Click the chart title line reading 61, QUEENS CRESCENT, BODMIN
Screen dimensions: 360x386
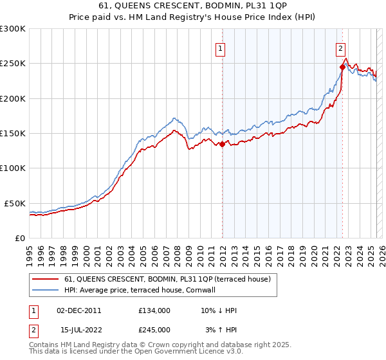(x=193, y=7)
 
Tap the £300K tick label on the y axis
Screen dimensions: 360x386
(x=13, y=29)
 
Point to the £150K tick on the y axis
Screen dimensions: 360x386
(x=13, y=134)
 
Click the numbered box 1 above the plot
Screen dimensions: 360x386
(x=221, y=48)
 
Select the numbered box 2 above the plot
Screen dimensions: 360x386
(x=340, y=48)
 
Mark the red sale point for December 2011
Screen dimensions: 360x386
(x=222, y=145)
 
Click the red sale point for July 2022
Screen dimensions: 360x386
(x=342, y=67)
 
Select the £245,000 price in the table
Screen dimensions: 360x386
(x=154, y=330)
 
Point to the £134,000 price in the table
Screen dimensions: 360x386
(x=154, y=310)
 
